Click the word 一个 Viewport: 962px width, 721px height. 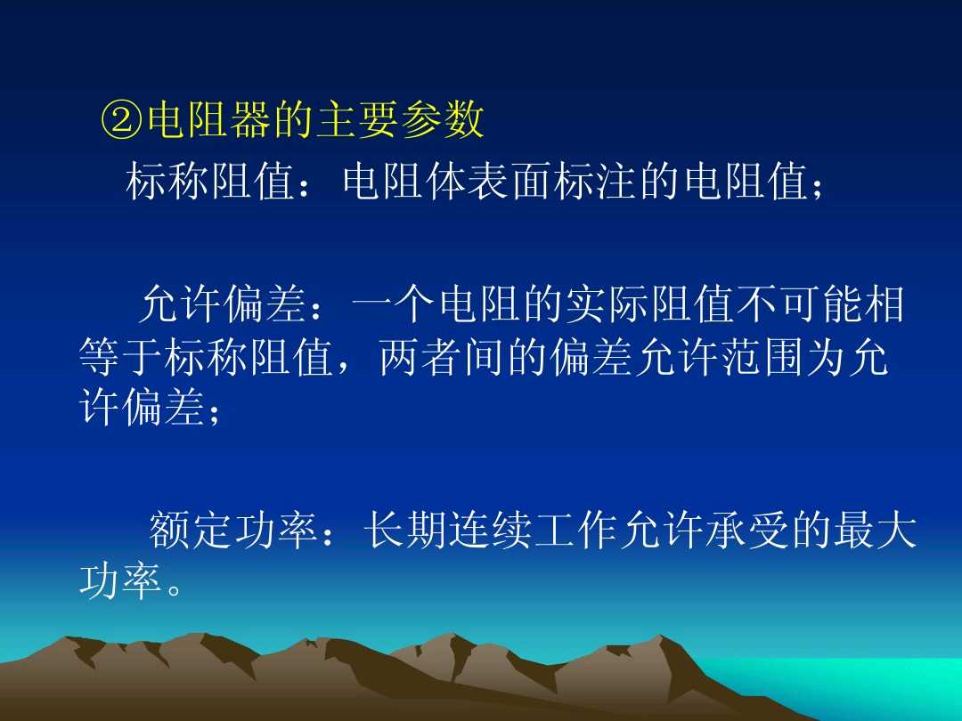pyautogui.click(x=395, y=305)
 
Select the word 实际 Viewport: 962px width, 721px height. pyautogui.click(x=608, y=305)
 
